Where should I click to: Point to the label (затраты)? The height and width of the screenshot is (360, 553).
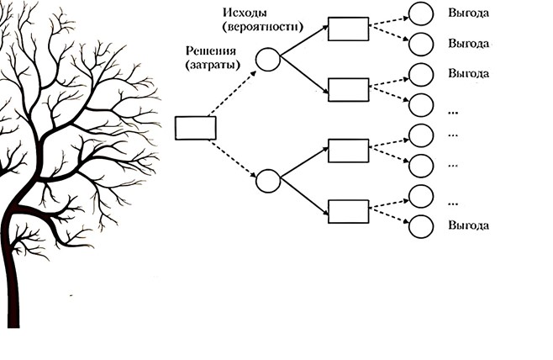click(208, 65)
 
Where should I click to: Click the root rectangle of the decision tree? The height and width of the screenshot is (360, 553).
click(195, 128)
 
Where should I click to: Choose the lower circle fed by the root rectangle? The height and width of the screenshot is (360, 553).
click(267, 180)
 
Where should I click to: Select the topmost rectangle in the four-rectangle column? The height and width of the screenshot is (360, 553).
click(348, 29)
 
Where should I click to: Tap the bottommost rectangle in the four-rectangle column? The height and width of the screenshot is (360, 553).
click(348, 210)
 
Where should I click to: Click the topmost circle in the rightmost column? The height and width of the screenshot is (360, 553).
click(420, 13)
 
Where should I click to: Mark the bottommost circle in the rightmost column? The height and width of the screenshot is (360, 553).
click(420, 226)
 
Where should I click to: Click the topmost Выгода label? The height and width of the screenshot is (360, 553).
click(469, 13)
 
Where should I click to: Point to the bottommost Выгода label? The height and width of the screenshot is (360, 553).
click(469, 226)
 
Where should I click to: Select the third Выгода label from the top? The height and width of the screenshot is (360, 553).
click(469, 74)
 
